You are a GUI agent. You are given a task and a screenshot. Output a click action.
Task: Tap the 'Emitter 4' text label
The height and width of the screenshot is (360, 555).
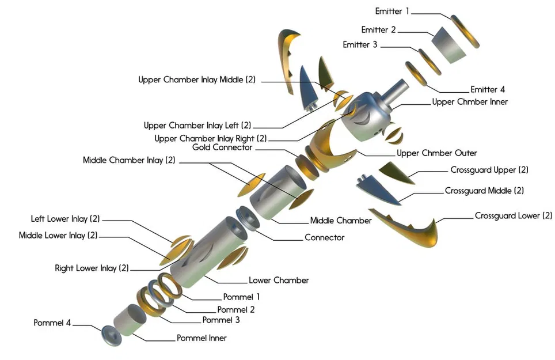[x=487, y=89]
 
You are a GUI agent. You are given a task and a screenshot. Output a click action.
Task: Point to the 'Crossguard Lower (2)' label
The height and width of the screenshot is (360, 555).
[x=513, y=216]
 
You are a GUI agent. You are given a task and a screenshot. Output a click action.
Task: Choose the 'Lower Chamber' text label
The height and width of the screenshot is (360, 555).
[x=279, y=281]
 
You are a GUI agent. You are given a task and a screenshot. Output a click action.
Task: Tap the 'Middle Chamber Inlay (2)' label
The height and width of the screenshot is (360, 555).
[x=128, y=160]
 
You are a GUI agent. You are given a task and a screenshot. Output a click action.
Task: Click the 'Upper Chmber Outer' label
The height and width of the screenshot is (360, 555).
[x=436, y=153]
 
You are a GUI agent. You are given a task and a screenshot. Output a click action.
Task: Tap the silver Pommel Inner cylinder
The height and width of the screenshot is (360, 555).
[x=130, y=320]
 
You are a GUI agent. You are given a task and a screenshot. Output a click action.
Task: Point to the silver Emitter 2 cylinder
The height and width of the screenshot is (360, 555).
[x=450, y=44]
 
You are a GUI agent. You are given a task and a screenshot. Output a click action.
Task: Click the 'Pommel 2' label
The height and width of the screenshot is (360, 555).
[x=235, y=309]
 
